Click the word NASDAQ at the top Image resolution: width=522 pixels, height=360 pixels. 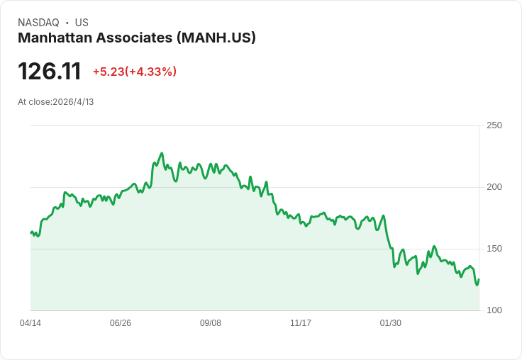38,23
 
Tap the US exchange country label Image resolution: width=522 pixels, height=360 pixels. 82,23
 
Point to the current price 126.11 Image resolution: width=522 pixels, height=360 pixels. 49,72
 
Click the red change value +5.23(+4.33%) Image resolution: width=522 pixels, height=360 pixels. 134,72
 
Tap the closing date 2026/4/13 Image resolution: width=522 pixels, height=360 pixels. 73,102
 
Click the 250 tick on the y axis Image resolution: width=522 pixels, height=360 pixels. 494,125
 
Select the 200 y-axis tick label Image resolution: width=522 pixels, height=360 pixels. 494,187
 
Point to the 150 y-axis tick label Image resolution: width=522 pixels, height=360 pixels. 494,249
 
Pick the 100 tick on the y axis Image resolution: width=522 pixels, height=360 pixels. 494,310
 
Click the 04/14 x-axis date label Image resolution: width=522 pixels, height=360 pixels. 30,323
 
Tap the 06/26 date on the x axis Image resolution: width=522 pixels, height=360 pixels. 121,323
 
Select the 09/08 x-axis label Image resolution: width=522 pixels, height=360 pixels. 211,323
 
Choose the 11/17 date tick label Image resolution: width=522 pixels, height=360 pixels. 301,323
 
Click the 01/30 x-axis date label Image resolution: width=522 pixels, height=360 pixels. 391,323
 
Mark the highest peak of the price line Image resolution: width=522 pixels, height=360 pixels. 162,153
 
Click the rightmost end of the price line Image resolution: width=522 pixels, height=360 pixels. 479,279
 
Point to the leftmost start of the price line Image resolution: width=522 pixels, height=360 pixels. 30,232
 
